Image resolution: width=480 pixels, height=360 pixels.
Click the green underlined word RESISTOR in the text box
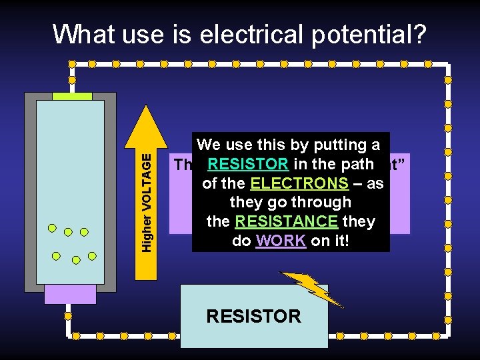pos(247,164)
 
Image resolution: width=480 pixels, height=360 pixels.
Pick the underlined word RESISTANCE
pos(287,221)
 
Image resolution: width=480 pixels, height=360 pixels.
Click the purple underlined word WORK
pos(279,241)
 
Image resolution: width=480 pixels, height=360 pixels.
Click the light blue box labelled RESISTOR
pos(254,316)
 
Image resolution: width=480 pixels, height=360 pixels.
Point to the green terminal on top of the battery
pos(71,96)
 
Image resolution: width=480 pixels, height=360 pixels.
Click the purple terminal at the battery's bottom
pos(70,294)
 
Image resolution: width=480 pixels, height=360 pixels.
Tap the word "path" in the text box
pos(357,164)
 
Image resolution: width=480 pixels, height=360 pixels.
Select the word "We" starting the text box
pos(209,145)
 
